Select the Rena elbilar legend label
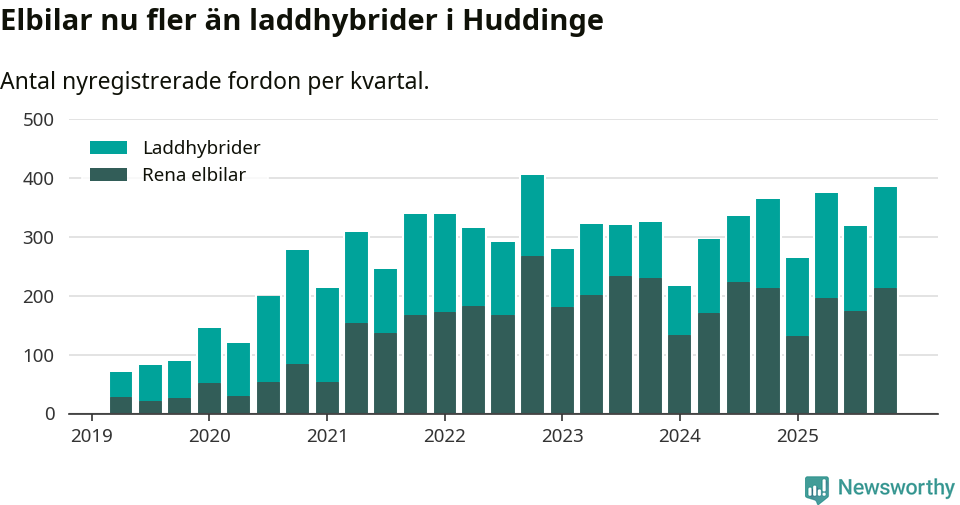tap(194, 175)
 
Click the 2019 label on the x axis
tap(91, 436)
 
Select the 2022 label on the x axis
tap(444, 436)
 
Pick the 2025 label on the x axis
tap(797, 436)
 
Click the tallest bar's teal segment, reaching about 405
tap(533, 215)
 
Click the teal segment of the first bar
tap(121, 384)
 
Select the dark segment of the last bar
tap(885, 350)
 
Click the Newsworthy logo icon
tap(817, 488)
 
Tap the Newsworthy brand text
tap(896, 488)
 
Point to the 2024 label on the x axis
tap(679, 436)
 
